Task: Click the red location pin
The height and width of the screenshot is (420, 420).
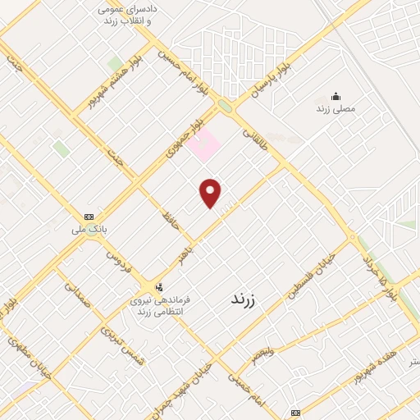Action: click(211, 193)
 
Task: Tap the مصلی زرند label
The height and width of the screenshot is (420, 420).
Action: click(335, 107)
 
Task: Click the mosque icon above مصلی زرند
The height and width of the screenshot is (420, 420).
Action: click(335, 95)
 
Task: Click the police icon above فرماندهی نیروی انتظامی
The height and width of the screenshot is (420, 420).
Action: click(159, 286)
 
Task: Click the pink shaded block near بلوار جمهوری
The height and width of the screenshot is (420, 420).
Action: click(203, 146)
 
